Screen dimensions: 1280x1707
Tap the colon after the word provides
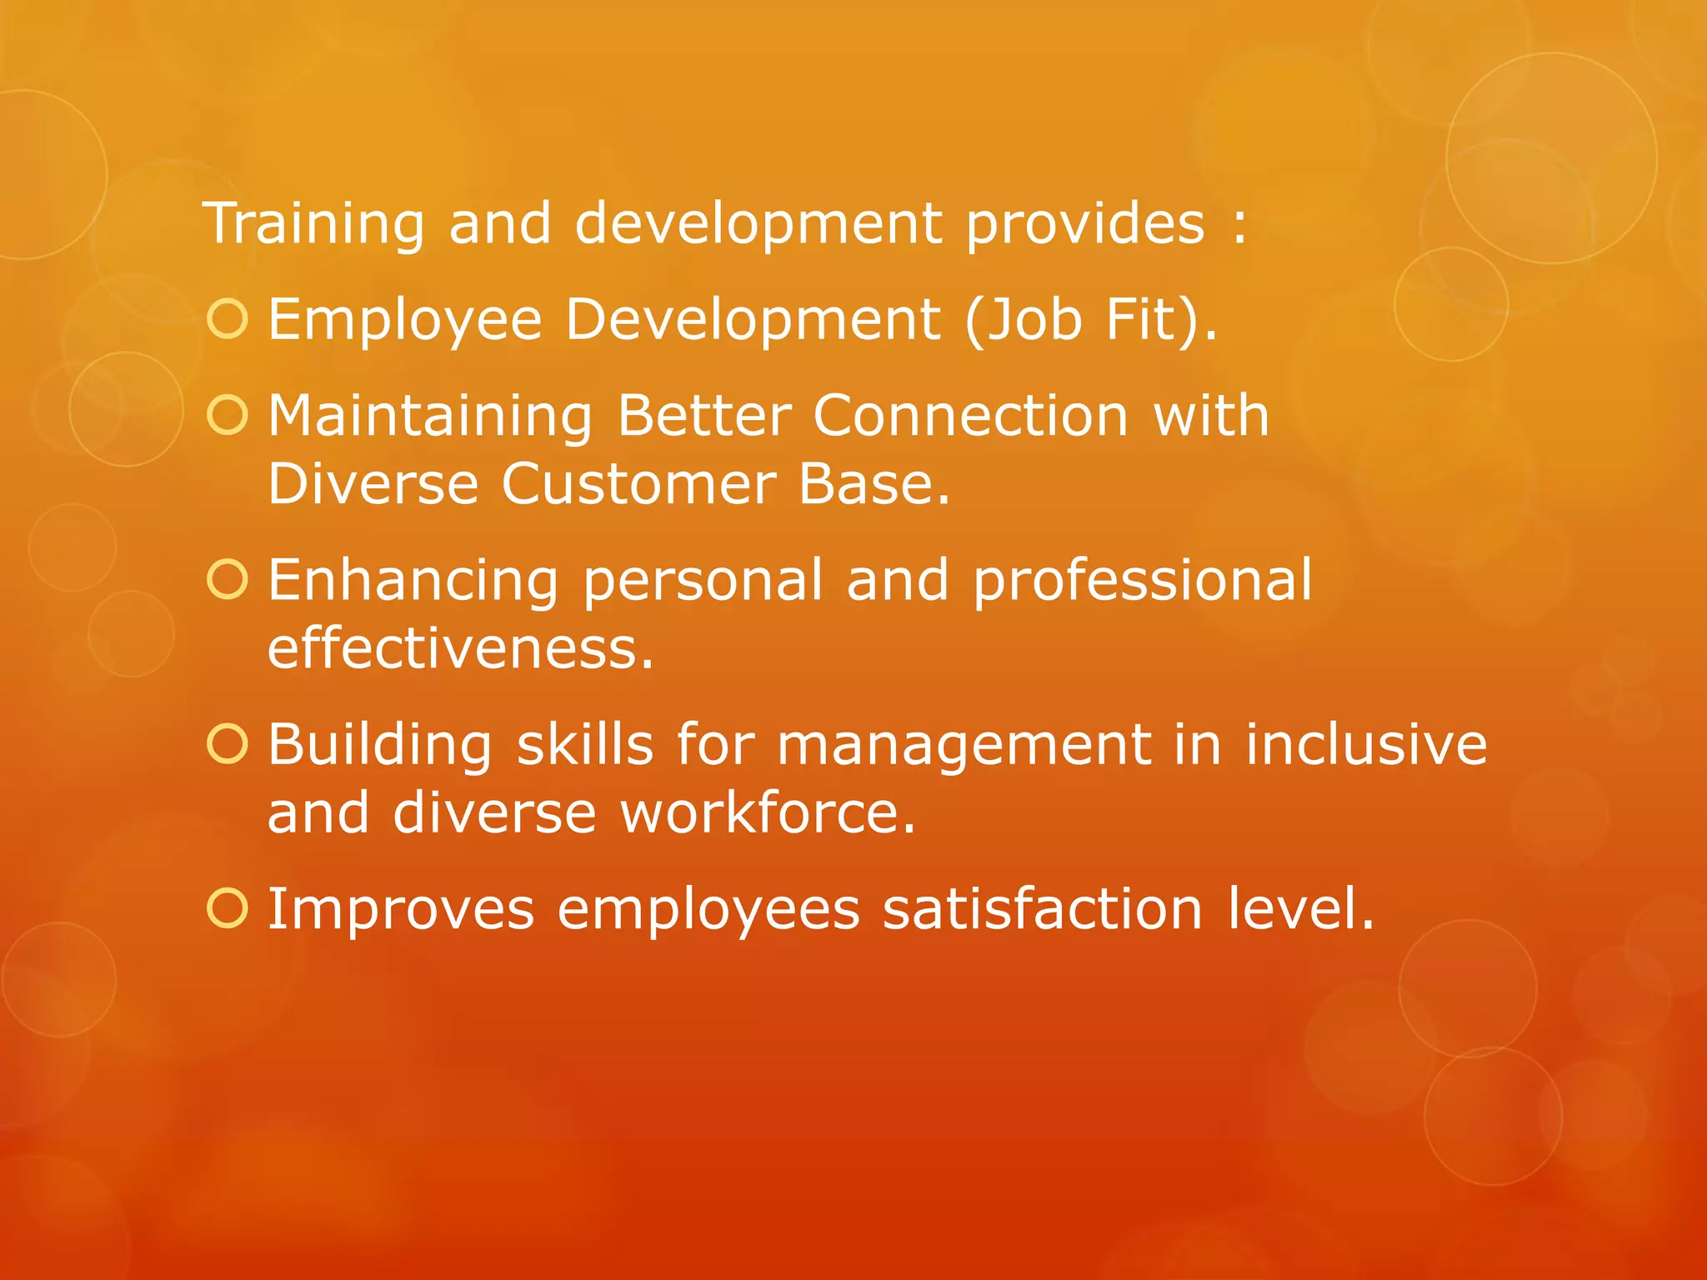1239,226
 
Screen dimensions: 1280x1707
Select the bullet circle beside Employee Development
228,319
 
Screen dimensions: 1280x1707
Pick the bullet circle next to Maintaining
228,415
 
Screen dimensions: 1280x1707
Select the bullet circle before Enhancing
228,579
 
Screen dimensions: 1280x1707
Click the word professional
1142,581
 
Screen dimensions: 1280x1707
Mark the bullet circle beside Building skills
228,743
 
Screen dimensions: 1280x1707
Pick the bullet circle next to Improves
228,907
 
